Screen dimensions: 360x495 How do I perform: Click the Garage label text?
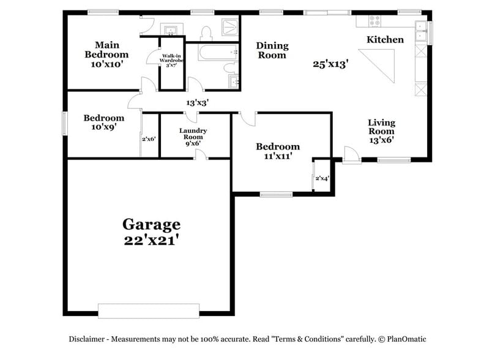(151, 224)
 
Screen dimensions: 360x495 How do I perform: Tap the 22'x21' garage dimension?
(151, 241)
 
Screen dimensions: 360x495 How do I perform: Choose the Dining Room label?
(272, 50)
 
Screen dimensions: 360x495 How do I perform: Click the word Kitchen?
(385, 40)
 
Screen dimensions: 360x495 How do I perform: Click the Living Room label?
(381, 127)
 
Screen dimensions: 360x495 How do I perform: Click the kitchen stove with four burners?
(373, 20)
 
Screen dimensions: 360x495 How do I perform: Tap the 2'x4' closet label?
(322, 179)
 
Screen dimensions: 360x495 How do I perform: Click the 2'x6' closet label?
(149, 139)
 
